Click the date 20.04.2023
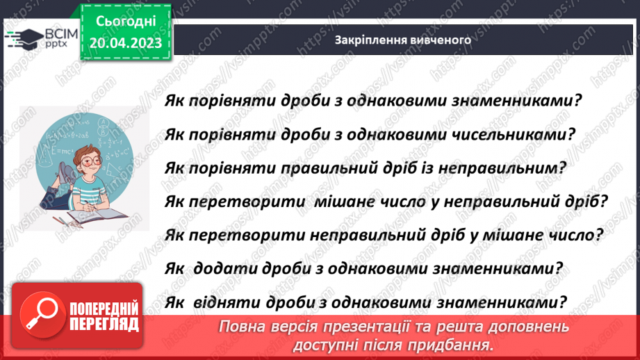point(125,44)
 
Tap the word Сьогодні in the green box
point(125,22)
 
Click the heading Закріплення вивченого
point(403,40)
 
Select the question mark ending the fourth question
point(604,202)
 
